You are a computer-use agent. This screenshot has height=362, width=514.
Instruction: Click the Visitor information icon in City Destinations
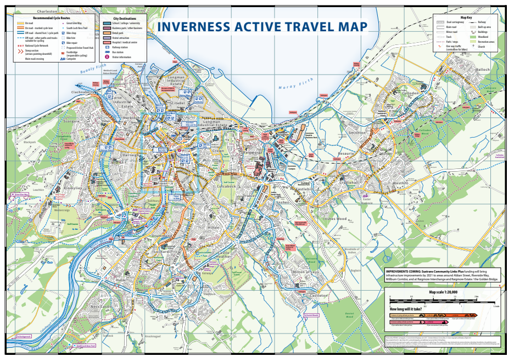point(107,56)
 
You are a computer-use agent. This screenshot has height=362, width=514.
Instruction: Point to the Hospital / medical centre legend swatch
point(107,42)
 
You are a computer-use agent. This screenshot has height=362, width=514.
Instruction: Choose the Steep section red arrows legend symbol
point(20,50)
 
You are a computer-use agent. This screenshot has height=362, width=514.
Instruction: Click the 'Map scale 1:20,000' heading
point(443,292)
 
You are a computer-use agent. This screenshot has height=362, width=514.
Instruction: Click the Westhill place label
point(400,182)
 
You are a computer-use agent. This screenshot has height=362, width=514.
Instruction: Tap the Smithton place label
point(356,133)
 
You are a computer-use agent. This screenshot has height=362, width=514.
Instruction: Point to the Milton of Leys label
point(305,272)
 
